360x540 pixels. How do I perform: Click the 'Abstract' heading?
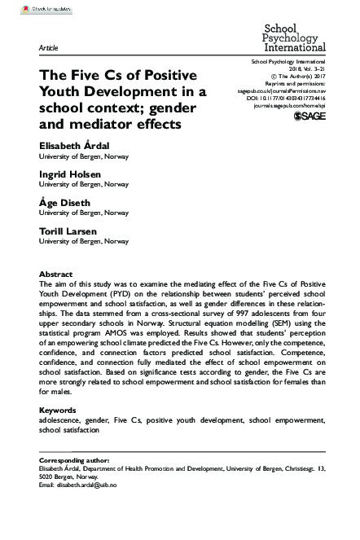[55, 274]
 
